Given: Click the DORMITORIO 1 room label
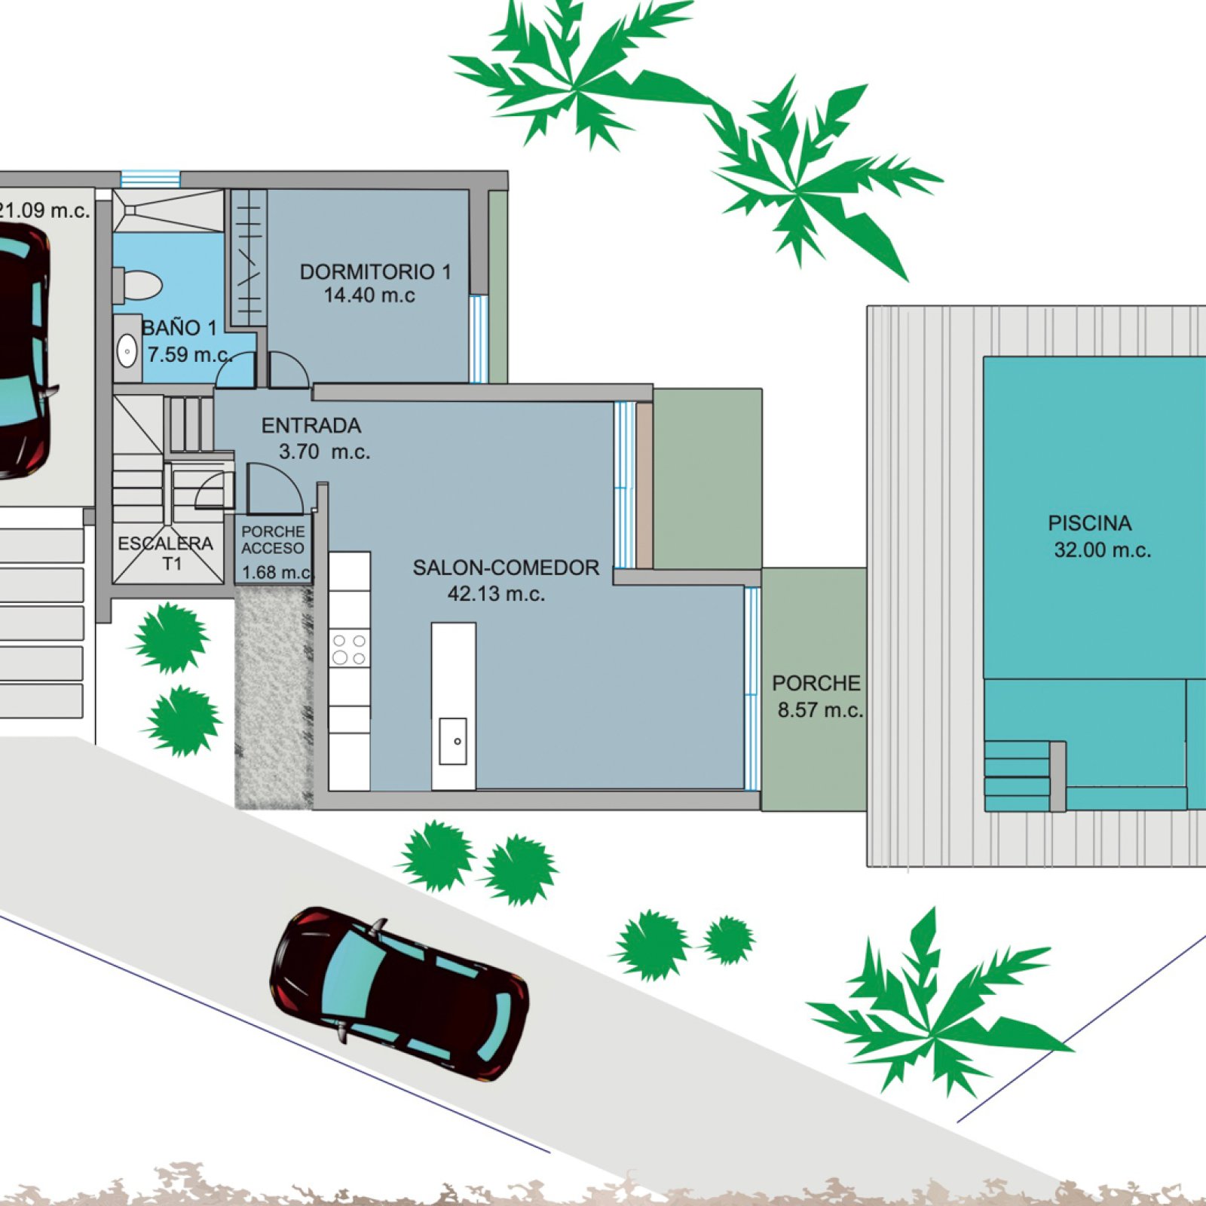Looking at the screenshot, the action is (x=375, y=271).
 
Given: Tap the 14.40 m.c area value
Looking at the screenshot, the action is (x=369, y=295).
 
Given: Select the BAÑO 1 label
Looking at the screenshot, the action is (x=179, y=328).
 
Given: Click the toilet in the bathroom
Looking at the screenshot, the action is (x=138, y=286).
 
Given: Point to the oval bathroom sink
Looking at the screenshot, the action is (x=127, y=351).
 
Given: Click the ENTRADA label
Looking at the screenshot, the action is (x=311, y=426).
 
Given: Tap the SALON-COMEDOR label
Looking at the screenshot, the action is (x=506, y=568).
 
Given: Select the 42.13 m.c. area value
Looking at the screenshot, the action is (x=496, y=594).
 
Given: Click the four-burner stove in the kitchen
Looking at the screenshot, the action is (x=349, y=649).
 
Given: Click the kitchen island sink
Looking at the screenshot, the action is (x=453, y=741).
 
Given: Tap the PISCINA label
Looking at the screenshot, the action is (x=1089, y=523).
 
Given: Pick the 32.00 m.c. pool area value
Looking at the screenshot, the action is (x=1102, y=550).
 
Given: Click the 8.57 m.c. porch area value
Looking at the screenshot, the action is (x=820, y=710).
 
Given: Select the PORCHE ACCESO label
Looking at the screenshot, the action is (x=273, y=540).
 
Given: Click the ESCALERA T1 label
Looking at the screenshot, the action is (x=166, y=553).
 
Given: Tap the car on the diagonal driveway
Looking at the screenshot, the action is (x=399, y=994).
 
